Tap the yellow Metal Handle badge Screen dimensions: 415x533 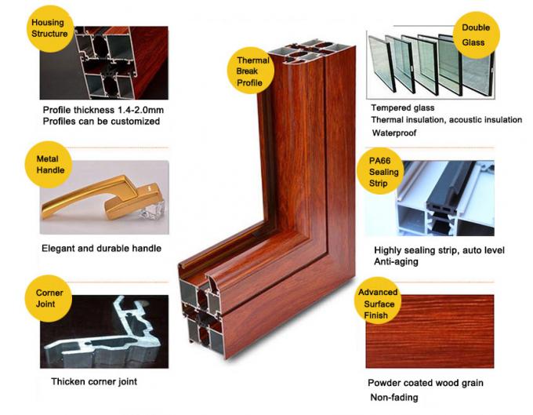pos(48,164)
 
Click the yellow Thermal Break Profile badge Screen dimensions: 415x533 pos(253,71)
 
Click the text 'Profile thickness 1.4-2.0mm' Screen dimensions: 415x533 pos(102,109)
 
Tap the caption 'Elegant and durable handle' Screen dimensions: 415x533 pos(101,248)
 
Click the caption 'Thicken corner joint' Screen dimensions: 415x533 pos(99,382)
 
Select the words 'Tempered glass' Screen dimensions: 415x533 pos(402,107)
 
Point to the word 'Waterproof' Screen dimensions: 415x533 pos(394,133)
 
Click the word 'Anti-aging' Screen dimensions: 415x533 pos(396,262)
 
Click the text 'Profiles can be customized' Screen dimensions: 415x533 pos(101,122)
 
